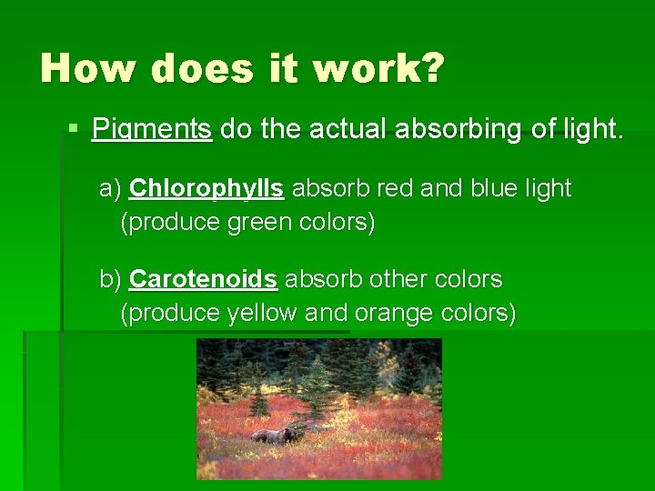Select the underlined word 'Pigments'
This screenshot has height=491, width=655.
pos(152,130)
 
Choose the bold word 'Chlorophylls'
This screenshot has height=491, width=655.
pos(207,189)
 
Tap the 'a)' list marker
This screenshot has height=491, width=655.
pos(111,189)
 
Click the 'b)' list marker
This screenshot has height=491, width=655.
pos(111,278)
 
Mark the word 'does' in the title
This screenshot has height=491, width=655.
pos(196,68)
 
